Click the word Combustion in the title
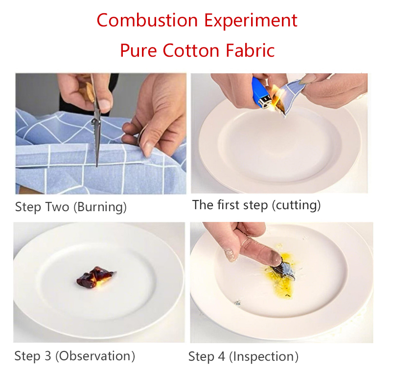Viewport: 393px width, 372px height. [x=147, y=20]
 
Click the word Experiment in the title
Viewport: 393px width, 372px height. [x=251, y=21]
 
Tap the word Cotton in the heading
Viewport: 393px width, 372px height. [x=191, y=50]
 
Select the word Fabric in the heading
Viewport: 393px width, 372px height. [x=250, y=50]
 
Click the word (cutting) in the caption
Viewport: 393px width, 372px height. [x=296, y=205]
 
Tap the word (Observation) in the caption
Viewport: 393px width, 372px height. [x=95, y=356]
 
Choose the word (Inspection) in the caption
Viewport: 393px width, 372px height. [x=264, y=356]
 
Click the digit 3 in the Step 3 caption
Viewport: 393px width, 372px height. [x=47, y=356]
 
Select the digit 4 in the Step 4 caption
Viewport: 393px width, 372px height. [x=221, y=356]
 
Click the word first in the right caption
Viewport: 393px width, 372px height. [x=229, y=205]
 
